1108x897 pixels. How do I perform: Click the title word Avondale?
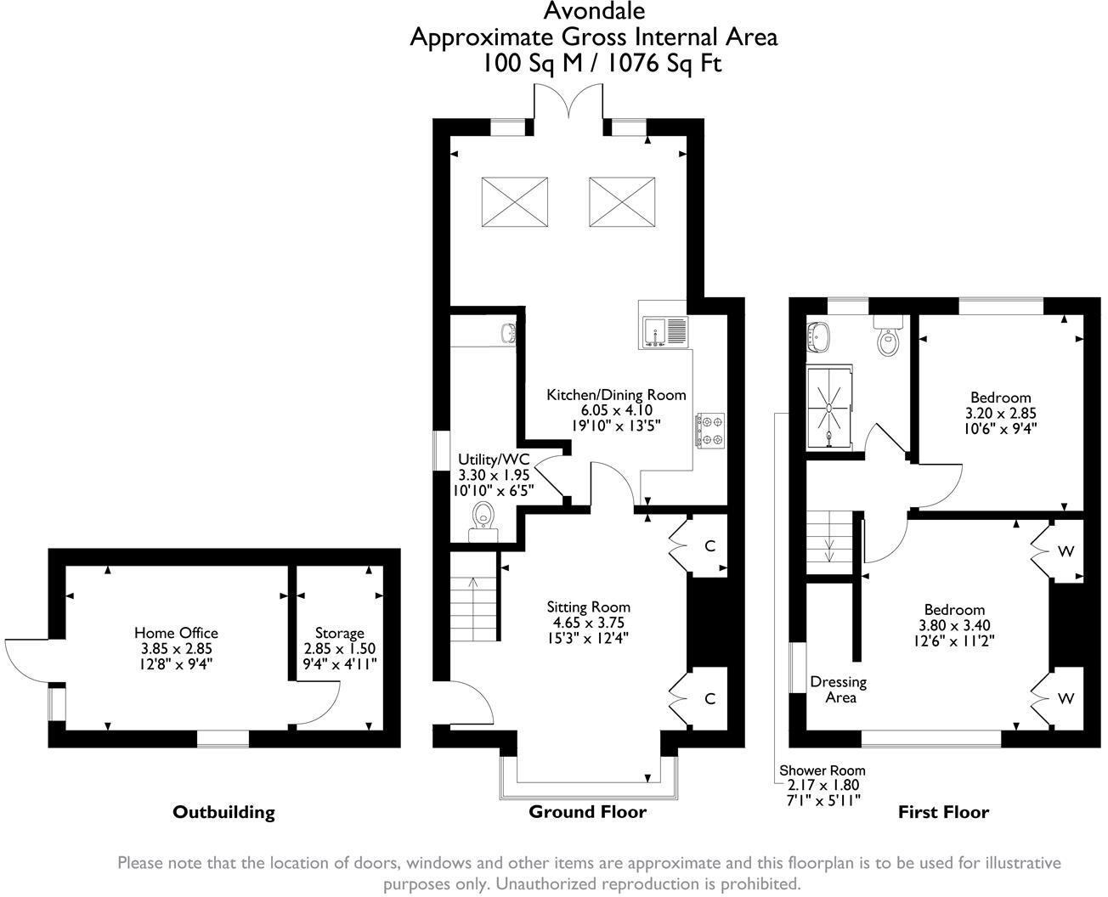(x=593, y=11)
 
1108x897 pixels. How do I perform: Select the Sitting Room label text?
(x=588, y=606)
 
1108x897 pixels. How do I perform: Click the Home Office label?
(x=176, y=633)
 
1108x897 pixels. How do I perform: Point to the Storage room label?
(x=339, y=633)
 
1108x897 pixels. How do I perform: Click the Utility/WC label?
(x=494, y=460)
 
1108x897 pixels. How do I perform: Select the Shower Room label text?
(x=823, y=770)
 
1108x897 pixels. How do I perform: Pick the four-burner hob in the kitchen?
(x=709, y=429)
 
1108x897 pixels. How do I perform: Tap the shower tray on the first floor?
(x=828, y=405)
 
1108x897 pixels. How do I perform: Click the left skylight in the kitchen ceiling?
(x=514, y=201)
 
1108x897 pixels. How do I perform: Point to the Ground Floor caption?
(x=587, y=811)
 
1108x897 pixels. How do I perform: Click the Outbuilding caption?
(x=223, y=812)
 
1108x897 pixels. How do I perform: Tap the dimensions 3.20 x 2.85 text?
(x=1000, y=413)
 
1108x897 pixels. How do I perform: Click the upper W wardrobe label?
(x=1066, y=551)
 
